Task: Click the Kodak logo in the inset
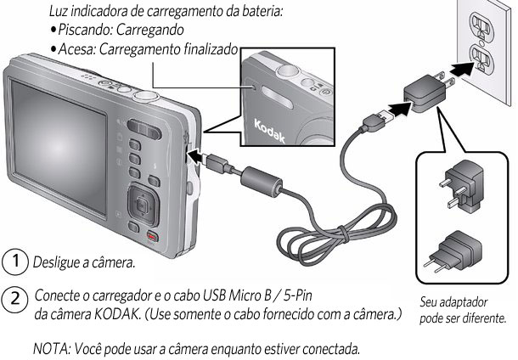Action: coord(269,132)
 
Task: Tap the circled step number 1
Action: coord(15,262)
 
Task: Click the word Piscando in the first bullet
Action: coord(86,30)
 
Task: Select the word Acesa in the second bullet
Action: coord(76,49)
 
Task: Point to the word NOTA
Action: coord(51,348)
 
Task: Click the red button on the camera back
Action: coord(152,237)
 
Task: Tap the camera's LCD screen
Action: coord(59,147)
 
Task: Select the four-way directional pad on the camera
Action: coord(143,205)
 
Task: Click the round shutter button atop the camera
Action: coord(146,97)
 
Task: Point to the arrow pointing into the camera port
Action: coord(198,155)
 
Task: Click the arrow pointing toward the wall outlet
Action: coord(462,70)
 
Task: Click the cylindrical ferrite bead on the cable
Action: coord(261,182)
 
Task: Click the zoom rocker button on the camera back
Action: coord(144,128)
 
